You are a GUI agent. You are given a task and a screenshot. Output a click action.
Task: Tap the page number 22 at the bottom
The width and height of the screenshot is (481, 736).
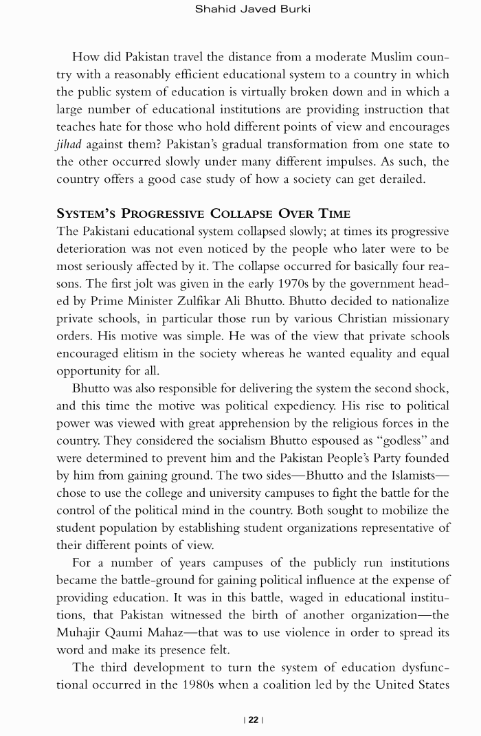click(254, 720)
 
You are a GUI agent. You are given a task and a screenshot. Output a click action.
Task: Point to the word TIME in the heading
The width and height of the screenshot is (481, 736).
click(333, 213)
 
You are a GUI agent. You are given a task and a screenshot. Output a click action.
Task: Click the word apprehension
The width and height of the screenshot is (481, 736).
click(267, 423)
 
